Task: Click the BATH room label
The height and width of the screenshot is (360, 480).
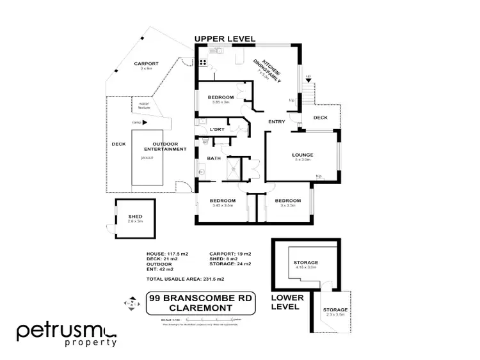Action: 213,159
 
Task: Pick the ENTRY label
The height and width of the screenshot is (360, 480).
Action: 276,121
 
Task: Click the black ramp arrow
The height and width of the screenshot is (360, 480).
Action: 146,122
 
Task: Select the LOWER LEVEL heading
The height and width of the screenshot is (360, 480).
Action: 286,302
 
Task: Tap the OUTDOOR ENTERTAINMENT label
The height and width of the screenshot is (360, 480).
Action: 169,146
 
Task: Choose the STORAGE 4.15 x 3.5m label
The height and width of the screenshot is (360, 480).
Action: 306,265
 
